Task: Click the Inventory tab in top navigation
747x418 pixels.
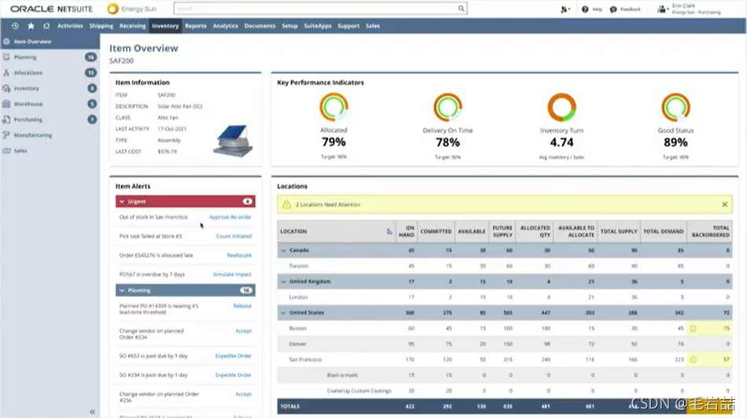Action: click(165, 26)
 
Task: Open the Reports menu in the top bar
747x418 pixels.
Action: click(196, 26)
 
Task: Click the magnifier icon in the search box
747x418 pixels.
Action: click(461, 9)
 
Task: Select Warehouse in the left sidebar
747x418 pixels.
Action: click(28, 104)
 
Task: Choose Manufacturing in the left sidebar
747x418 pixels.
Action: click(32, 135)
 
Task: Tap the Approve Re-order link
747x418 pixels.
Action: click(230, 217)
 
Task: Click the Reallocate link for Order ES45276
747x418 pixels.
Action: click(239, 255)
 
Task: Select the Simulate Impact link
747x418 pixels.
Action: click(232, 274)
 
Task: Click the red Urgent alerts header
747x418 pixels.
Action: click(185, 201)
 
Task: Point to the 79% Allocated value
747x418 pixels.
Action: click(333, 142)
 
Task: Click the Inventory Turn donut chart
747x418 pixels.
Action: click(561, 108)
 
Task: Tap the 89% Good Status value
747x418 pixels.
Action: click(675, 142)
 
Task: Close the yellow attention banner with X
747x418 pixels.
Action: click(724, 204)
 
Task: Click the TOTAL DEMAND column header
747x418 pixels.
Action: click(662, 232)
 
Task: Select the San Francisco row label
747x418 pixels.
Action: click(306, 359)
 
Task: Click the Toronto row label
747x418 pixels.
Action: click(300, 266)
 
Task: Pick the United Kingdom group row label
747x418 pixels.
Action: click(310, 281)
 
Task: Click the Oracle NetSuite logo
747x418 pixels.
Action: click(51, 9)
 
